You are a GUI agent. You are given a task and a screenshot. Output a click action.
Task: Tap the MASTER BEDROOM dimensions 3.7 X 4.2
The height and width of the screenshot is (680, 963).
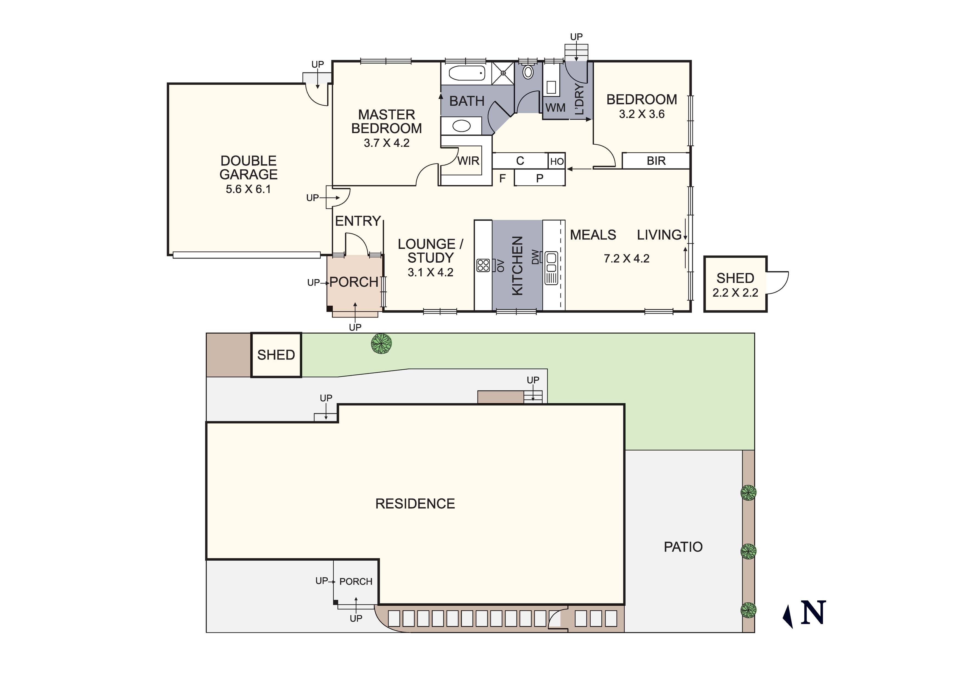click(386, 143)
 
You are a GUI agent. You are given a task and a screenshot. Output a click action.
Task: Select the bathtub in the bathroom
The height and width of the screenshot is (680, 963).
click(467, 73)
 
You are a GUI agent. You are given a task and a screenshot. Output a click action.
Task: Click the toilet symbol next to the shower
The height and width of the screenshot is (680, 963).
click(528, 72)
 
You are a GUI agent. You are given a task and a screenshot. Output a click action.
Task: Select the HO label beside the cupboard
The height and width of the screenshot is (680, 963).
click(557, 161)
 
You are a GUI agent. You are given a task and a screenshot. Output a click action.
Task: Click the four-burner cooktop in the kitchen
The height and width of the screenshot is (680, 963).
click(483, 265)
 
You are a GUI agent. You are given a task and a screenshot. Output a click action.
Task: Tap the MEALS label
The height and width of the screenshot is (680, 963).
click(593, 235)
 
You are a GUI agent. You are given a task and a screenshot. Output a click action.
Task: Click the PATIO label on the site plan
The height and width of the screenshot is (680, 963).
click(683, 547)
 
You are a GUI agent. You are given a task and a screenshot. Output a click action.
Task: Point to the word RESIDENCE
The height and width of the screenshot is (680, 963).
click(415, 504)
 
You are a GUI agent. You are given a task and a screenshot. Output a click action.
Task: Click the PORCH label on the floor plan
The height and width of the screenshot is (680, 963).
click(354, 282)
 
